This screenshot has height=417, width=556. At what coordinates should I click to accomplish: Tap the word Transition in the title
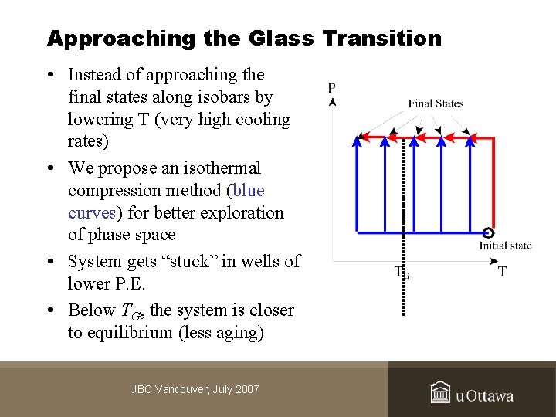pos(382,38)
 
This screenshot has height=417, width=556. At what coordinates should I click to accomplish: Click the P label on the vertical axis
pos(331,88)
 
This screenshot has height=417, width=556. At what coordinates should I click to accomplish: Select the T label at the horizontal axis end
pos(503,272)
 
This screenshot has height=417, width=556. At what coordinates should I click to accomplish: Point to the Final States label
pos(436,103)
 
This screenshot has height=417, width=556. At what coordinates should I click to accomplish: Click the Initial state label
pos(505,246)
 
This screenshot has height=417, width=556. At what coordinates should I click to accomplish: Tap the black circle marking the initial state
pos(488,232)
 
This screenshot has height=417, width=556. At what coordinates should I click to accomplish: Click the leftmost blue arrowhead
pos(357,141)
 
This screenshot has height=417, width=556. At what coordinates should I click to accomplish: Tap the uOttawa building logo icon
pos(440,393)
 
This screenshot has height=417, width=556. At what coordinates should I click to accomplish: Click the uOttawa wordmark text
pos(484,396)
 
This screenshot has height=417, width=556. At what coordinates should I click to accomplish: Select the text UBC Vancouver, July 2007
pos(195,389)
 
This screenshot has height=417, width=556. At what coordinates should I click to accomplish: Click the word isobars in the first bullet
pos(226,97)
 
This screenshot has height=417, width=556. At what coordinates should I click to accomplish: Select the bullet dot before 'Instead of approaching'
pos(49,76)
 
